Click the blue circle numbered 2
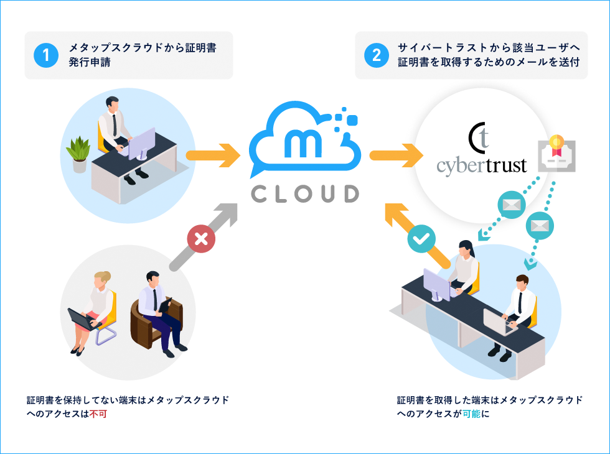tap(377, 55)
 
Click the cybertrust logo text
tap(481, 165)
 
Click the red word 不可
tap(98, 414)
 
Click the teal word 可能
tap(471, 414)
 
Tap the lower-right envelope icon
tap(540, 225)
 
